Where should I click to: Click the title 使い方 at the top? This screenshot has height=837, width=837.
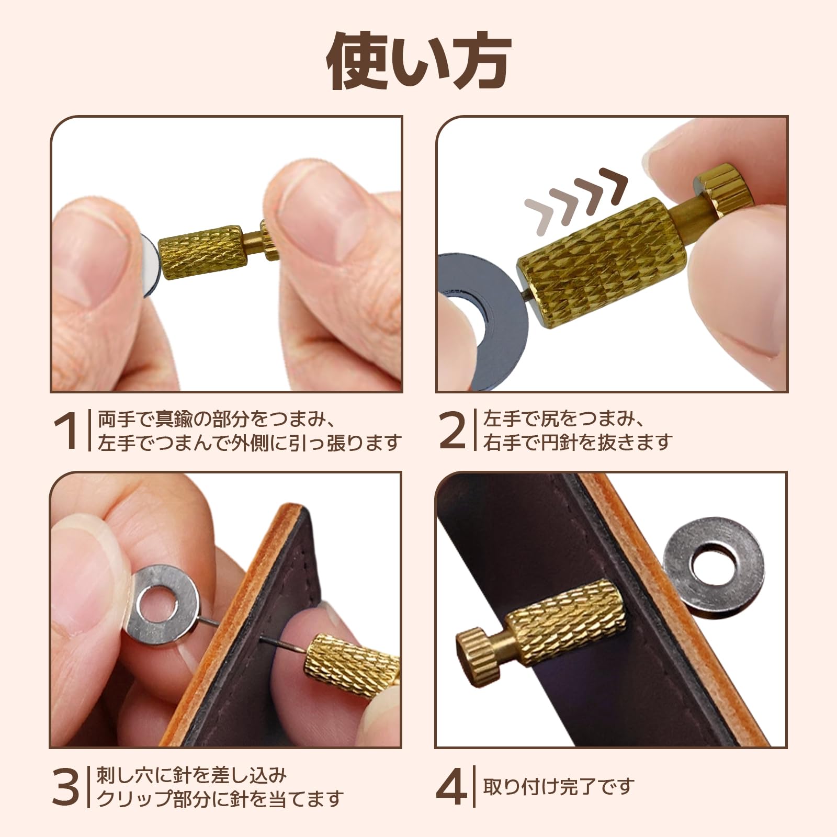point(418,62)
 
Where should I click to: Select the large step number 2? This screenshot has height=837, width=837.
point(452,431)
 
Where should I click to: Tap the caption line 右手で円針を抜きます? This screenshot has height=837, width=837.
point(578,443)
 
